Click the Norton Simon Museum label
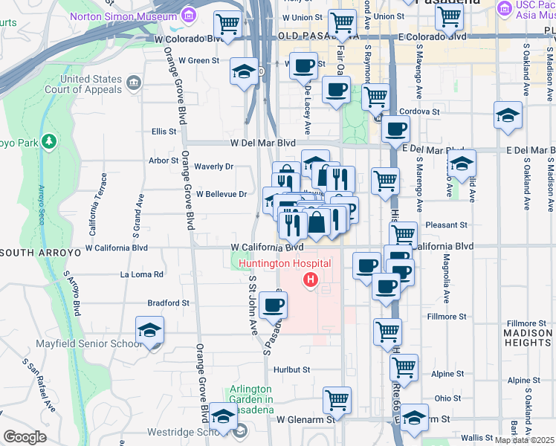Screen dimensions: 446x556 coord(123,16)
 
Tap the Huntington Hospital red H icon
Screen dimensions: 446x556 coord(311,281)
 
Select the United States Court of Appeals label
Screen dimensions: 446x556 coord(91,85)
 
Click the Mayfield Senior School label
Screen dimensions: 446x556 coord(89,344)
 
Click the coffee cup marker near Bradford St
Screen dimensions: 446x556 coord(274,304)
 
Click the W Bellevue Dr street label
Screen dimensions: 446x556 coord(222,194)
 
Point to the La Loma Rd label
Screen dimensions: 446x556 coord(141,274)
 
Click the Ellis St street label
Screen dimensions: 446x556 coord(164,132)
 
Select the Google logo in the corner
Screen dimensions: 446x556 coord(25,437)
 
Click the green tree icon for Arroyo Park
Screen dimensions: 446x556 coord(49,140)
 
